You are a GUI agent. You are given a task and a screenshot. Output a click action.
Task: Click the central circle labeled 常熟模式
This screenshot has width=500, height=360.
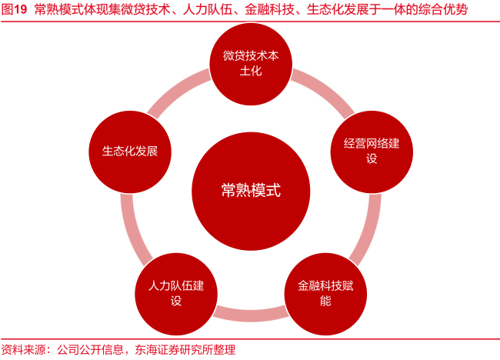pyautogui.click(x=250, y=190)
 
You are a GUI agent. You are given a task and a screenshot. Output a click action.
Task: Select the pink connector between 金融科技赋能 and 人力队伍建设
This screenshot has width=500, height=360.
pyautogui.click(x=250, y=314)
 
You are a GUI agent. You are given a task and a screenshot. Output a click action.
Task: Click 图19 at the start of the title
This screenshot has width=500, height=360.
pyautogui.click(x=15, y=10)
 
